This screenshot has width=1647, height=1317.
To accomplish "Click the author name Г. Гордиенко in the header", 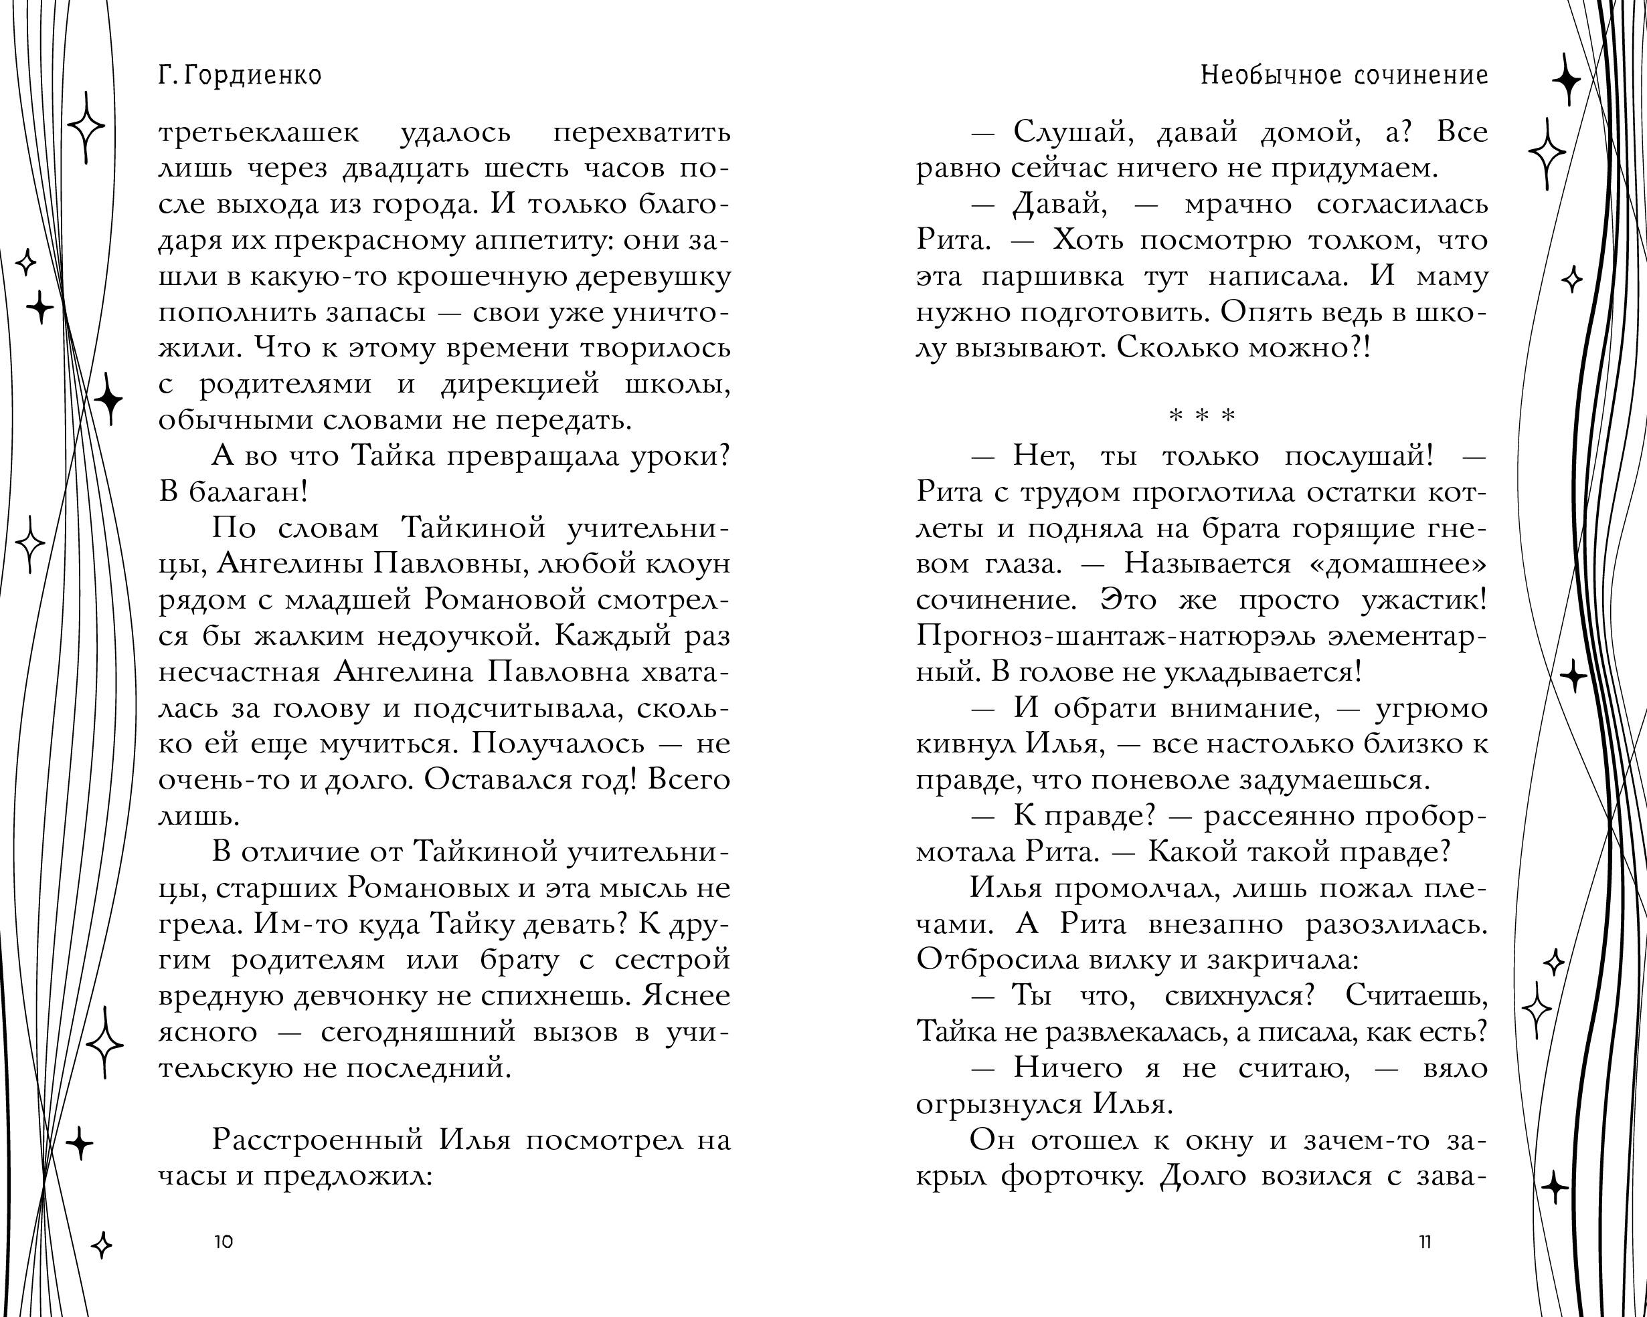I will point(240,76).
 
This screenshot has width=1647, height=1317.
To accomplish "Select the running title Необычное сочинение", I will point(1344,76).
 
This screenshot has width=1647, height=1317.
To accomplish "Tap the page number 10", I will point(223,1241).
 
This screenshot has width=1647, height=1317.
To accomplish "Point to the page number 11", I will point(1424,1241).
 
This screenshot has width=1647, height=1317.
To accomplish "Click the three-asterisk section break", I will point(1202,416).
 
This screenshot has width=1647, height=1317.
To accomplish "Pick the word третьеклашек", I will point(258,134).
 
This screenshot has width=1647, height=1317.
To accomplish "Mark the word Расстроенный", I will point(317,1140).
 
